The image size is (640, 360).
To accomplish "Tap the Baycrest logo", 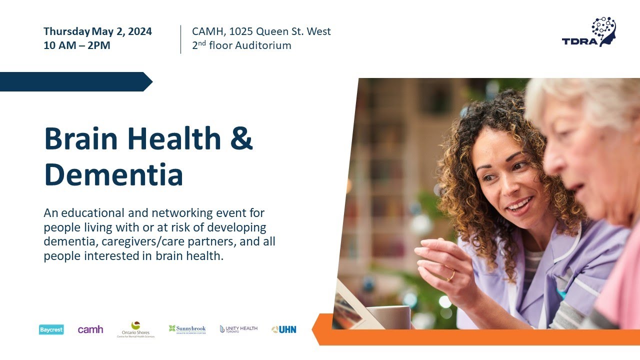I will coord(51,329).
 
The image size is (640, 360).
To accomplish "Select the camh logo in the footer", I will coord(90,329).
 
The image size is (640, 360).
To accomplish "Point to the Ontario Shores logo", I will coord(135,330).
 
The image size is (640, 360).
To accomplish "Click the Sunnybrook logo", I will coord(187,329).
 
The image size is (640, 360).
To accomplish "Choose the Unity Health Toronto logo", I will coord(238,329).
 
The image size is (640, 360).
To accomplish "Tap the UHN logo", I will coord(284,329).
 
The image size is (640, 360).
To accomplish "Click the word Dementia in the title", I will coord(113,174).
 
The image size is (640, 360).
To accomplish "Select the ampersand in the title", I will coord(242,138).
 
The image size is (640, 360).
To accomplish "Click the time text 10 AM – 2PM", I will coord(77,45).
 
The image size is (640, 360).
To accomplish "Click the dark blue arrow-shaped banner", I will coord(75,81).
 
